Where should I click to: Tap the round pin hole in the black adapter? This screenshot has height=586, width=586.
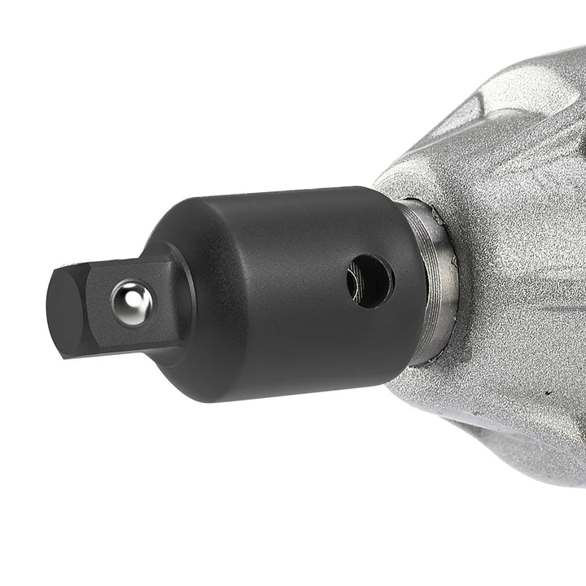[x=370, y=282]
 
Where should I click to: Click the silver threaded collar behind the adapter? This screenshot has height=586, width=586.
[x=435, y=277]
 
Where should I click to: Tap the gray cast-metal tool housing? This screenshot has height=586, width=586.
[x=513, y=244]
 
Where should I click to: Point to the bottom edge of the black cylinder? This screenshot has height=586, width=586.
[x=293, y=396]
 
